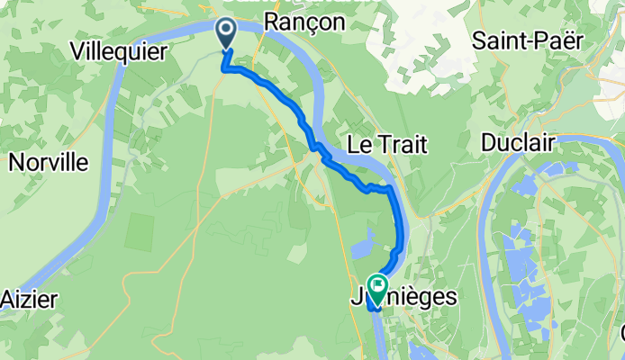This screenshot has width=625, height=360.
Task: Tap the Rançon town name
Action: pyautogui.click(x=305, y=23)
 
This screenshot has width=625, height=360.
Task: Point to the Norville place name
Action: pyautogui.click(x=49, y=162)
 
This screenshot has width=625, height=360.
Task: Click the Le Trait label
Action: pyautogui.click(x=386, y=144)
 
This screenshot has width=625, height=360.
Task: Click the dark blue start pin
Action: pyautogui.click(x=225, y=33)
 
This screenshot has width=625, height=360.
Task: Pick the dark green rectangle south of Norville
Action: pyautogui.click(x=140, y=231)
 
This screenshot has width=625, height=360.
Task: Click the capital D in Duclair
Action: pyautogui.click(x=489, y=143)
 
